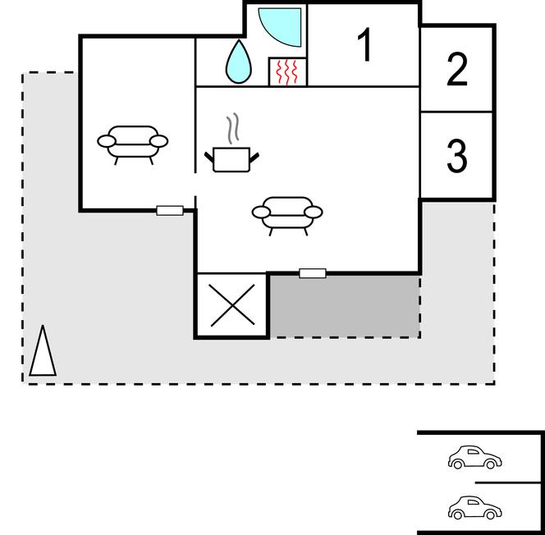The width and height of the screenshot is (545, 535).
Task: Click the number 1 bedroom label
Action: pos(364,45)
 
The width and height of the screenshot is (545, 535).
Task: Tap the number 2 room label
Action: pos(456,69)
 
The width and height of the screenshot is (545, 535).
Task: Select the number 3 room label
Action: pos(456,156)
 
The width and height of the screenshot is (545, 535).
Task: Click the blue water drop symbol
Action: pos(238,62)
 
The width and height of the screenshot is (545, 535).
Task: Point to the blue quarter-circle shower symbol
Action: pos(280,27)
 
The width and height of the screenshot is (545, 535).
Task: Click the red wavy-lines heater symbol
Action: pos(287,72)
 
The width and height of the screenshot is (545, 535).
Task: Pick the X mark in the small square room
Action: pos(232,305)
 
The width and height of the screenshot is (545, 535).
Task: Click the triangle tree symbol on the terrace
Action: pos(43,350)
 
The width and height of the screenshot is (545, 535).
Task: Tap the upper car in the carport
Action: pos(474,457)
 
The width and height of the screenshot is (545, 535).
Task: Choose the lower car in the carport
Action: pos(474,507)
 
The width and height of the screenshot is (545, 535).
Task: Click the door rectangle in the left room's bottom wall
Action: pos(170,211)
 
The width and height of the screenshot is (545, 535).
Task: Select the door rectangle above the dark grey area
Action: pos(313,273)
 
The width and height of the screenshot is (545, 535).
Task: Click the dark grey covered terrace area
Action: pos(345,306)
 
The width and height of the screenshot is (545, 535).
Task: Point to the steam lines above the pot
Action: pos(233,128)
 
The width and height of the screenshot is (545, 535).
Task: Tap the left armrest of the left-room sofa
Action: pos(107,141)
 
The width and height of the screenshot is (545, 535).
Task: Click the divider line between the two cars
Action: pos(508,482)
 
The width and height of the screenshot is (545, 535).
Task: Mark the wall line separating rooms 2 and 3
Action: pos(456,112)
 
